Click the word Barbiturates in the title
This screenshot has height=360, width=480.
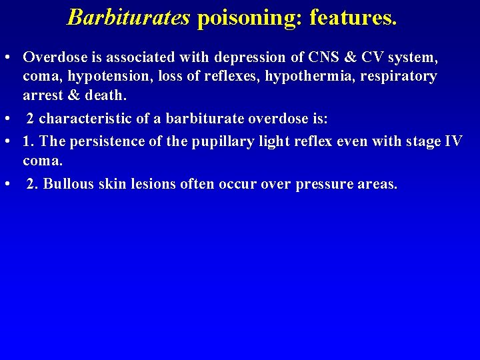[x=129, y=17]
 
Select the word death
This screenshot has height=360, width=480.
[x=105, y=95]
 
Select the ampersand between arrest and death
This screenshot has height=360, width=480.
[x=73, y=95]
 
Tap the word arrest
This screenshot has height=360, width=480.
[x=43, y=95]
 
